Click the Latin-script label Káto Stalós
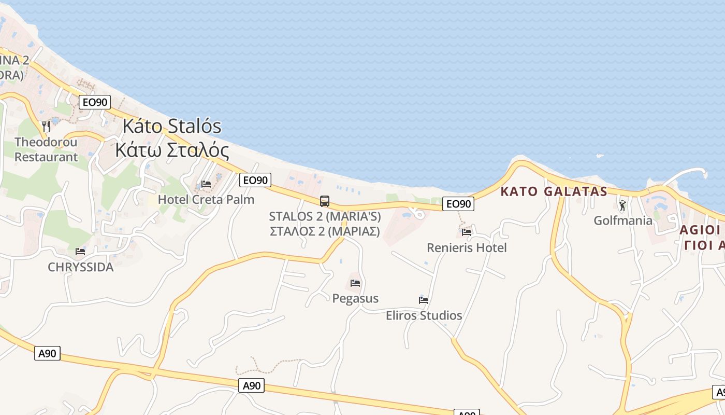(x=172, y=126)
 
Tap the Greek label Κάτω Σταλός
(x=172, y=150)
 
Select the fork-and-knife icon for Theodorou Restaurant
(x=46, y=126)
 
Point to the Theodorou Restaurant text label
(x=46, y=149)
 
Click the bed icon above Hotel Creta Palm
(x=206, y=184)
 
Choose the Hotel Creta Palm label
(x=206, y=200)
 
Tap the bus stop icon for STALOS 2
(x=325, y=201)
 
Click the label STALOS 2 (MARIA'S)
(x=325, y=216)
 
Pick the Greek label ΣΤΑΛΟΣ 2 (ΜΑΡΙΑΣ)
(x=325, y=231)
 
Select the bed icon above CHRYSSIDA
(x=80, y=252)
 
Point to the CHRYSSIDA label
(x=80, y=267)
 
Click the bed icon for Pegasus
(x=355, y=283)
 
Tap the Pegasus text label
(x=355, y=299)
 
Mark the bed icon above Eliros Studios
(x=424, y=300)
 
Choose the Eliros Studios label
(x=424, y=315)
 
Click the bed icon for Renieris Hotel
(x=467, y=232)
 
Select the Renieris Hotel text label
(x=467, y=248)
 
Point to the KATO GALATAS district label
(x=554, y=191)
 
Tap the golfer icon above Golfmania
(x=622, y=205)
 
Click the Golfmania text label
(x=623, y=220)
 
